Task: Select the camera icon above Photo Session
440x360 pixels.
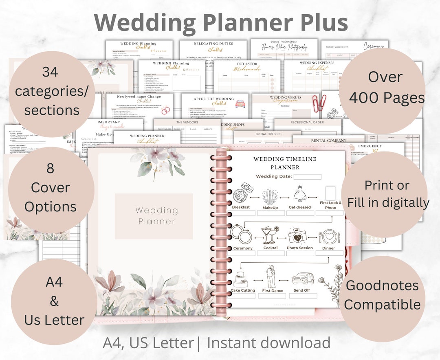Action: tap(299, 235)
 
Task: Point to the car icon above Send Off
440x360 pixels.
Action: tap(303, 279)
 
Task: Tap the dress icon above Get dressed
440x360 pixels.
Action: tap(299, 193)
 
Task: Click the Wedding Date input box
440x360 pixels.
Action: tap(307, 177)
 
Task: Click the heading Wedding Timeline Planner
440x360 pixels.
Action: tap(285, 163)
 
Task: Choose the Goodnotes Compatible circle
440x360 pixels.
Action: tap(382, 295)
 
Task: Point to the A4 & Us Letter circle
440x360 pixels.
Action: tap(54, 301)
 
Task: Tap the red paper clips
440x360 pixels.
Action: tap(319, 104)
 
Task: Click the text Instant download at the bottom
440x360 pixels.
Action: tap(268, 343)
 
